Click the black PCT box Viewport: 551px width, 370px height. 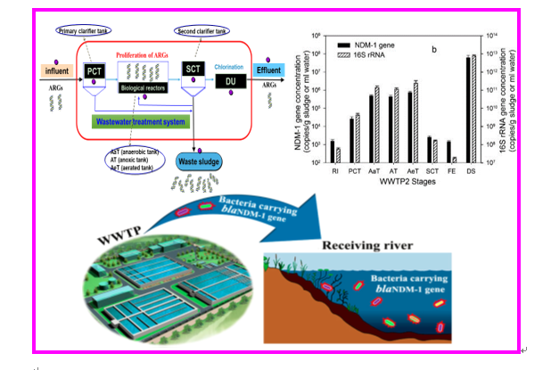pyautogui.click(x=94, y=70)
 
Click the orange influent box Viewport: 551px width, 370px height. pyautogui.click(x=56, y=69)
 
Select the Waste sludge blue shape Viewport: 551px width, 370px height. pyautogui.click(x=198, y=163)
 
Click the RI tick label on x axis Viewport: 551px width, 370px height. pyautogui.click(x=333, y=170)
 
